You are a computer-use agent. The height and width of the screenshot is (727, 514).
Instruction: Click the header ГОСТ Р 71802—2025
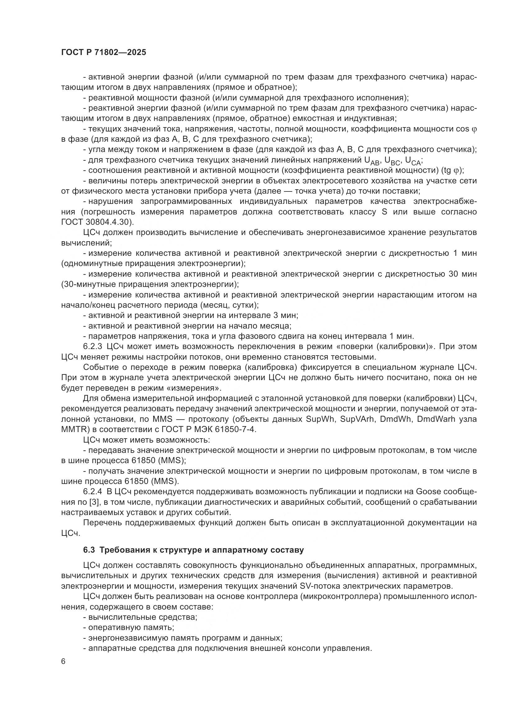coord(103,53)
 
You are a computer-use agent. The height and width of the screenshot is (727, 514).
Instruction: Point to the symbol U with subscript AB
coord(372,161)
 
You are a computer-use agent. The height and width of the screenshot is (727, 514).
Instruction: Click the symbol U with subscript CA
coord(413,161)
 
